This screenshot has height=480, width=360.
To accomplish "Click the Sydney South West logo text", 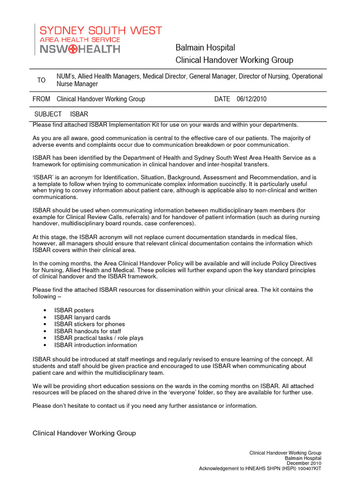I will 100,31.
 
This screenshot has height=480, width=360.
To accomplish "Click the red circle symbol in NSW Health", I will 74,49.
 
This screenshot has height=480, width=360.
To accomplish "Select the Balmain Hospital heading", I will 205,48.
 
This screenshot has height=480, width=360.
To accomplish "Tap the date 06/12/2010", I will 252,99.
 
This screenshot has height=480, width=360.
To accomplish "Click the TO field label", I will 42,80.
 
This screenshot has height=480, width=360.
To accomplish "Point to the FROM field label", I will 41,99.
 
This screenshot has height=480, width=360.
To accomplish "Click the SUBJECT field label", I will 48,114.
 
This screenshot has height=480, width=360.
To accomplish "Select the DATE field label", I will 222,99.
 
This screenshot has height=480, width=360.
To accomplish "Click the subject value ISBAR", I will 79,114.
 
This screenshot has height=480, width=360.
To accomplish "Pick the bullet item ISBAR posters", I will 74,310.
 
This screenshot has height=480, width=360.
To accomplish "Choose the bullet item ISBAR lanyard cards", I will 82,317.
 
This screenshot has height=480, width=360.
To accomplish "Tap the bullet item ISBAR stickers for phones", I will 90,324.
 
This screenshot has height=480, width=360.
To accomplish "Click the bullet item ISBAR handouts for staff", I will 88,331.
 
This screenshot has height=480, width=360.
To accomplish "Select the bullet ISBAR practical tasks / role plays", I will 98,338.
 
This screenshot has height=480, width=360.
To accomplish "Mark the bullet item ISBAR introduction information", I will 96,345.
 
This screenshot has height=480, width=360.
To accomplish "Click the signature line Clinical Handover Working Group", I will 84,434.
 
